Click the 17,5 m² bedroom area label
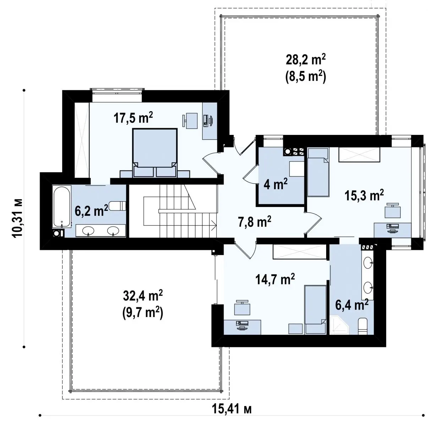[x=133, y=118]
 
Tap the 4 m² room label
[x=276, y=184]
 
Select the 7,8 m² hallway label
[x=254, y=222]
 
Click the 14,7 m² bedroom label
[x=275, y=279]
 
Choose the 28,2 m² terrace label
[x=306, y=60]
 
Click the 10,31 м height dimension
[x=18, y=218]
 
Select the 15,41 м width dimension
[x=232, y=409]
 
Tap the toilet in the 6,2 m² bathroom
[x=117, y=206]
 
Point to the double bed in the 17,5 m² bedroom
[x=155, y=153]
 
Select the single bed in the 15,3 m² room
[x=318, y=172]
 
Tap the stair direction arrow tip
[x=216, y=225]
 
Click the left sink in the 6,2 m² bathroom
[x=88, y=231]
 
